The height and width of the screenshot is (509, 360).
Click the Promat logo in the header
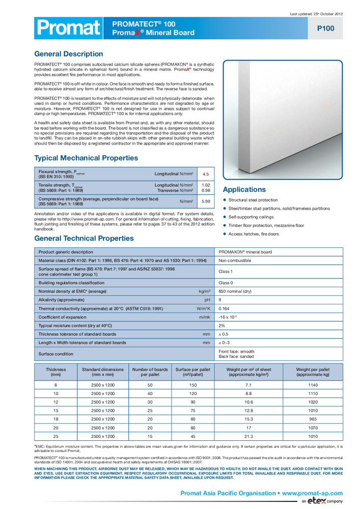pos(67,29)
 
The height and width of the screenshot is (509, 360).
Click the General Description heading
pos(68,54)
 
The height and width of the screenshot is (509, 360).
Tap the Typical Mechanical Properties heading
pos(86,158)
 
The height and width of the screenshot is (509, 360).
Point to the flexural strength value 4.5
pos(206,174)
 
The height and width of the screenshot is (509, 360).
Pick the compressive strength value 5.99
pos(206,201)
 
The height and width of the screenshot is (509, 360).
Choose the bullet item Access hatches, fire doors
pos(254,234)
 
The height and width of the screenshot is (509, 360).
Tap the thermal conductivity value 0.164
pos(225,308)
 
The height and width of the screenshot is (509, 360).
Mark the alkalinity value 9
pos(220,300)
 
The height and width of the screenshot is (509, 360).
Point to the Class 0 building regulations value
pos(226,282)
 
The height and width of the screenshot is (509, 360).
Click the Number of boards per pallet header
pos(150,372)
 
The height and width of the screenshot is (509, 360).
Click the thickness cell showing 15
pos(56,410)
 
